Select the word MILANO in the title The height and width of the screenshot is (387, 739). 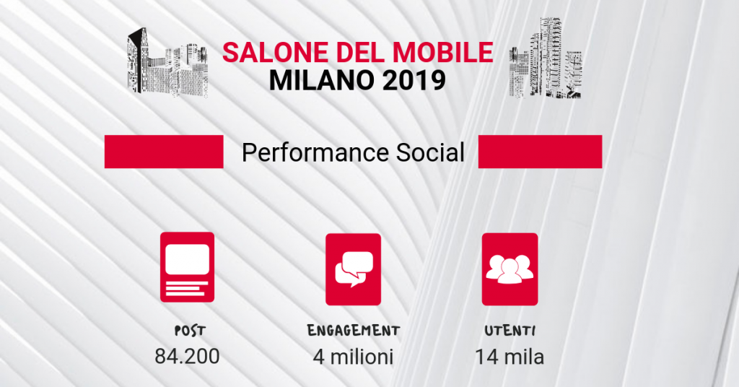click(321, 80)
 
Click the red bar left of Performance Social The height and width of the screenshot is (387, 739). click(164, 152)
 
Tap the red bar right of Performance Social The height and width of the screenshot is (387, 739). click(540, 152)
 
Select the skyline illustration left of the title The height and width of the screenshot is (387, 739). click(167, 63)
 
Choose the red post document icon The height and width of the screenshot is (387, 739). click(187, 267)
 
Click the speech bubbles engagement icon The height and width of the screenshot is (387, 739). click(353, 269)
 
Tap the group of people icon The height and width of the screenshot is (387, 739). click(510, 269)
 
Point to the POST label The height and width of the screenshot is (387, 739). click(190, 331)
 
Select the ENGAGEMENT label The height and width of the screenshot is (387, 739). click(354, 331)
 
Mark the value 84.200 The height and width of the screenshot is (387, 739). click(187, 357)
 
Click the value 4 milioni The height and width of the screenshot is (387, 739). click(353, 357)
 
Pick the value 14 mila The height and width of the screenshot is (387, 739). click(510, 357)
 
